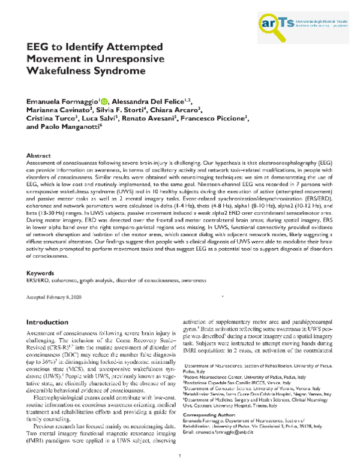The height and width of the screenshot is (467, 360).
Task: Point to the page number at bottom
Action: tap(180, 456)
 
